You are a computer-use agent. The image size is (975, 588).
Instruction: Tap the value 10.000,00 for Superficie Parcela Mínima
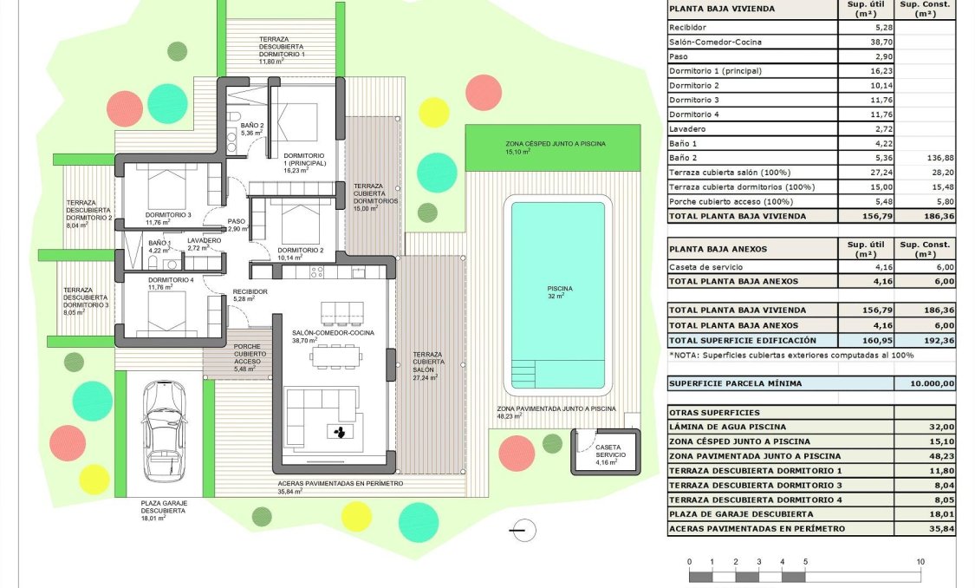[926, 383]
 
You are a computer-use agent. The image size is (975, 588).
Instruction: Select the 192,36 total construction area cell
[926, 340]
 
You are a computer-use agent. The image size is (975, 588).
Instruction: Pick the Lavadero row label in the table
[689, 128]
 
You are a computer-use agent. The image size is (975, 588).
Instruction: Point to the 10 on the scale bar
[920, 562]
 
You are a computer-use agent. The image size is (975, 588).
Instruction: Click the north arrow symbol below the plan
[518, 529]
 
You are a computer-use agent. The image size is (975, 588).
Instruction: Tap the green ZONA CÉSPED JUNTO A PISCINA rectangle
[555, 147]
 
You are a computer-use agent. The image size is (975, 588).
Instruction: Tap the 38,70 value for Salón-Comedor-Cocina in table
[866, 42]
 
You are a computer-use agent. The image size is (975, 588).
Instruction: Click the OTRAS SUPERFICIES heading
[713, 413]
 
